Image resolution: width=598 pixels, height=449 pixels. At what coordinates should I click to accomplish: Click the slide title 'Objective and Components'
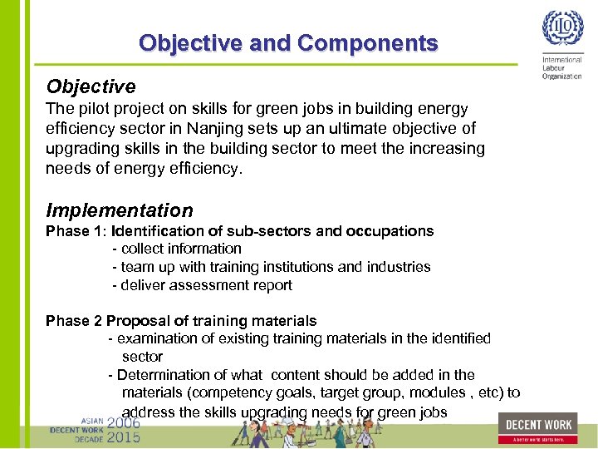[288, 42]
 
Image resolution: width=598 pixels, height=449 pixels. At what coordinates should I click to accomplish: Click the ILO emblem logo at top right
[562, 30]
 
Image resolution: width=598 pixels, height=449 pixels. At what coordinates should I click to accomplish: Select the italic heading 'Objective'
[91, 86]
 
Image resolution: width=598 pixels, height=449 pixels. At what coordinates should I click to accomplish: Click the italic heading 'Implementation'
[120, 210]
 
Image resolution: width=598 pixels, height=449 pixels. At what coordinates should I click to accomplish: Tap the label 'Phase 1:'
[76, 230]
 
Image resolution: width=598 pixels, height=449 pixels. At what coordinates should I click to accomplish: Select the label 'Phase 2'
[74, 321]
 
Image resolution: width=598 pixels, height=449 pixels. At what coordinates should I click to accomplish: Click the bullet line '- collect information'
[177, 249]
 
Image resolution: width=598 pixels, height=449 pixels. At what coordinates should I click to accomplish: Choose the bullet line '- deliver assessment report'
[202, 285]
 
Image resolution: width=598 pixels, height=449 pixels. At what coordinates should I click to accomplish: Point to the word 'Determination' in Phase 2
[161, 375]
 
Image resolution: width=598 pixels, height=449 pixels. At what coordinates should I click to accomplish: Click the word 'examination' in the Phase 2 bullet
[154, 338]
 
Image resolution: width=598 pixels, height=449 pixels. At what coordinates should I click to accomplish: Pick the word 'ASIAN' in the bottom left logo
[92, 421]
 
